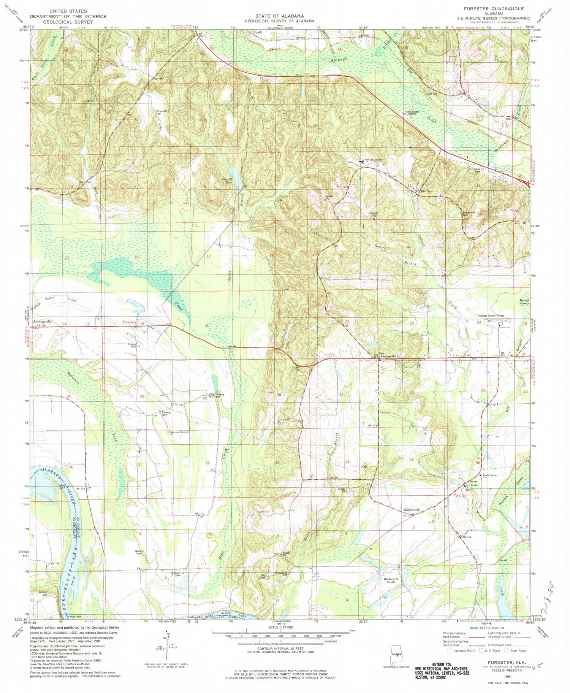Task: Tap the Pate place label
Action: [508, 119]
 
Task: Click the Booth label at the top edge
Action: [258, 32]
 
